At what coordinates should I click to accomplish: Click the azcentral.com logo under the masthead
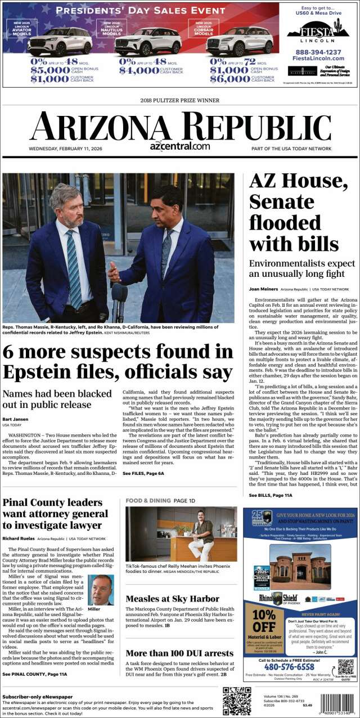click(x=180, y=145)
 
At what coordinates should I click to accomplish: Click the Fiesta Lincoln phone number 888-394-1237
click(x=318, y=52)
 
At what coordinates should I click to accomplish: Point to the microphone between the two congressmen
click(x=119, y=295)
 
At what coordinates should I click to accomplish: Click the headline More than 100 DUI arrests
click(x=179, y=653)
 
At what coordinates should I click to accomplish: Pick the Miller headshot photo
click(x=101, y=590)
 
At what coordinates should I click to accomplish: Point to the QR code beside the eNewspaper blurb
click(x=236, y=701)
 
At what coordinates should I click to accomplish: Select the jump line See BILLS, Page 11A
click(x=271, y=495)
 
